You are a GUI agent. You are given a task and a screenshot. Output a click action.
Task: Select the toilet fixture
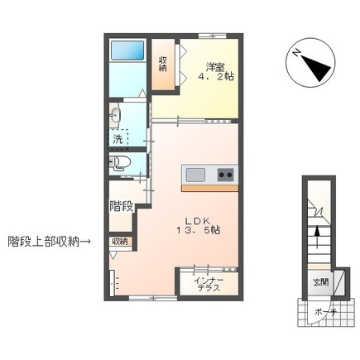coord(120,162)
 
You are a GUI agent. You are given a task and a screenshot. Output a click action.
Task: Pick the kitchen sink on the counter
coord(196,175)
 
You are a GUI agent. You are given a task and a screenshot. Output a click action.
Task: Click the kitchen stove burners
coord(224,175)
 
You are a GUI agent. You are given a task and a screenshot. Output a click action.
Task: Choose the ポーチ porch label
coord(325,311)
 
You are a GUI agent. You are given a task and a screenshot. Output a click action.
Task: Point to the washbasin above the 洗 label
coord(117,114)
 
